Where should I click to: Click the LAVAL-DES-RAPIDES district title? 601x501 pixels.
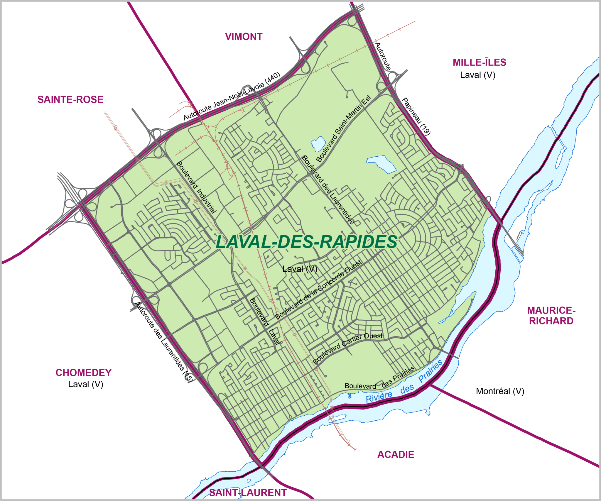click(306, 242)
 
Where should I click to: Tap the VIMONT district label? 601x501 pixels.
click(244, 37)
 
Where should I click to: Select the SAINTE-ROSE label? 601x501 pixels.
click(70, 99)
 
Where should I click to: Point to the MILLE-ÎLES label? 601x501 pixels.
click(479, 62)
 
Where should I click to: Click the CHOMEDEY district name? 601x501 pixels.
click(84, 373)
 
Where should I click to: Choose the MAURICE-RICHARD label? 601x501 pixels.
click(551, 316)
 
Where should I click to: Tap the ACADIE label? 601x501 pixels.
click(396, 454)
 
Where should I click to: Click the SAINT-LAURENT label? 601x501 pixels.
click(248, 492)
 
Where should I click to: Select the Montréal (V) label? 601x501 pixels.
click(500, 391)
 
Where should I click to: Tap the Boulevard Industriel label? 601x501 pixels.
click(196, 187)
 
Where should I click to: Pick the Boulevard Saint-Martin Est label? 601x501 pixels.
click(344, 128)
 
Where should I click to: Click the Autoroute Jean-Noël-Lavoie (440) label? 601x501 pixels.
click(232, 96)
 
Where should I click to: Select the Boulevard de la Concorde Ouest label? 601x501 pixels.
click(318, 290)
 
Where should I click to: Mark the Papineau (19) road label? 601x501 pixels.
click(416, 116)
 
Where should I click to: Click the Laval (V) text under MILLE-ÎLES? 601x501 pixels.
click(477, 75)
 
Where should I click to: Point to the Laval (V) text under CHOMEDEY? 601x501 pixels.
click(86, 384)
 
